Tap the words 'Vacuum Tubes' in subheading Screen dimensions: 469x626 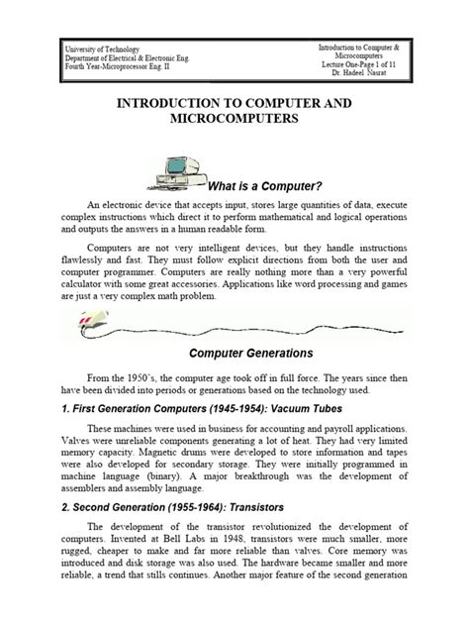[297, 407]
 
